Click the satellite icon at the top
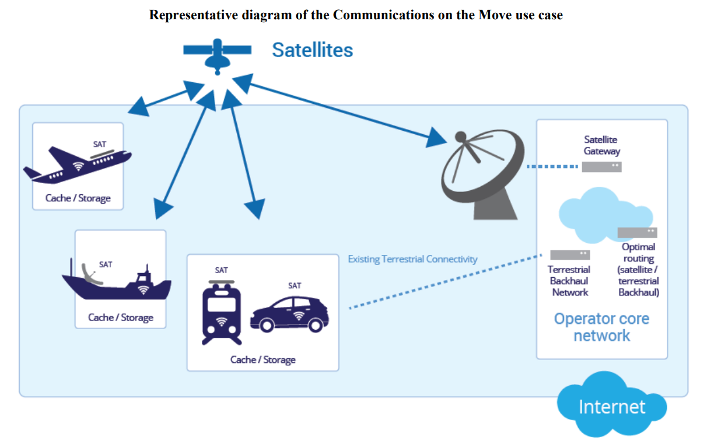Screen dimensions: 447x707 click(216, 54)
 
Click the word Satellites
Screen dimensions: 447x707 click(312, 50)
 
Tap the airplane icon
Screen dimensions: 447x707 click(78, 163)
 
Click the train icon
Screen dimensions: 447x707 click(221, 312)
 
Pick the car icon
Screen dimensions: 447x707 click(290, 315)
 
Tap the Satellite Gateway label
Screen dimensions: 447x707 click(602, 145)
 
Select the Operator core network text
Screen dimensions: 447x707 click(601, 327)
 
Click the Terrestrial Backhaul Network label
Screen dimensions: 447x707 click(569, 281)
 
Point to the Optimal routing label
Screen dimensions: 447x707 click(638, 270)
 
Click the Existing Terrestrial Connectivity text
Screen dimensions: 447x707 click(412, 259)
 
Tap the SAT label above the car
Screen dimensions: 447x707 click(295, 285)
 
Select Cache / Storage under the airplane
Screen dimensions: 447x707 click(78, 198)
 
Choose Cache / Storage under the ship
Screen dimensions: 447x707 click(121, 317)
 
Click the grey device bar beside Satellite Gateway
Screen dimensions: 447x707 click(601, 167)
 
